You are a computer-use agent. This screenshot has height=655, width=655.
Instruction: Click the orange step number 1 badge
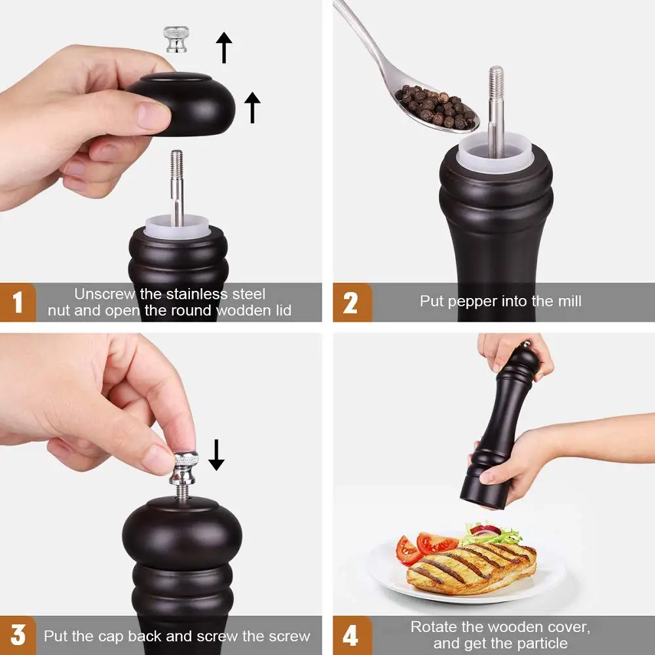(x=18, y=302)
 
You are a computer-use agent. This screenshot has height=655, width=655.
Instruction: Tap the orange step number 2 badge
(x=352, y=302)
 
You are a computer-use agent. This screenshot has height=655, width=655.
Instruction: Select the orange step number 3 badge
(x=18, y=635)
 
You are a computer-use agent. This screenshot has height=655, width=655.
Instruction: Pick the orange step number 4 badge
(x=352, y=635)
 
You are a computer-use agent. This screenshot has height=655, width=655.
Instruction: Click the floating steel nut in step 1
(x=176, y=39)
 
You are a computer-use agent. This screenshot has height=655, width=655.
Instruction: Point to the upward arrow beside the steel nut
(x=224, y=47)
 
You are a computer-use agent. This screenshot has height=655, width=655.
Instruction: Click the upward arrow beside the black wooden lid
(x=252, y=107)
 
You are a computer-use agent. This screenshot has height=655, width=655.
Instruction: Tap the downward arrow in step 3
(x=216, y=455)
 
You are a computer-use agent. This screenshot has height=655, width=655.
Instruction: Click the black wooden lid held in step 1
(x=181, y=103)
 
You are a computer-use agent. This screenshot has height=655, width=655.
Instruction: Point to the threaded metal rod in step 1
(x=177, y=188)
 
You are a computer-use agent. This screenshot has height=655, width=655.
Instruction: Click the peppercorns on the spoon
(x=435, y=107)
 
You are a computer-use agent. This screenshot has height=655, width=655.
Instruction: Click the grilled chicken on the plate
(x=471, y=568)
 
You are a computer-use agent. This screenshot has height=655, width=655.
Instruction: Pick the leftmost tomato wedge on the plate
(x=407, y=551)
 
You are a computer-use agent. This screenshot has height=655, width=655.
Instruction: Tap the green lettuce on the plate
(x=493, y=534)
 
